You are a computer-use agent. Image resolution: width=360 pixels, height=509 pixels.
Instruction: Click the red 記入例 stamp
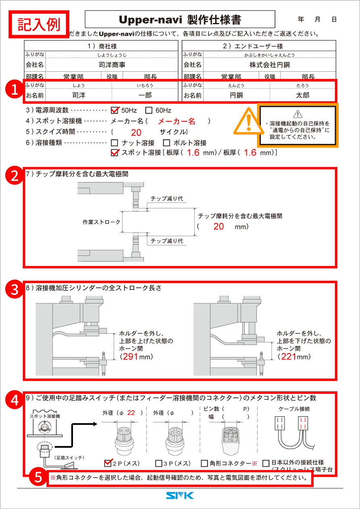click(39, 24)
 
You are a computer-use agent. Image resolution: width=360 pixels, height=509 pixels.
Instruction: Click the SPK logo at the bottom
click(180, 496)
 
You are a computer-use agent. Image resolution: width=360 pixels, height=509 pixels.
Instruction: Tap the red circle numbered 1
click(15, 89)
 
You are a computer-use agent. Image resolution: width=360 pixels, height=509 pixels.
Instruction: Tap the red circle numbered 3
click(15, 289)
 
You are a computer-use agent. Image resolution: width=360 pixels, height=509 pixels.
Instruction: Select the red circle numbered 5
click(37, 478)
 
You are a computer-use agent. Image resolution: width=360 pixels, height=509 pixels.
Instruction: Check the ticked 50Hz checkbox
click(115, 110)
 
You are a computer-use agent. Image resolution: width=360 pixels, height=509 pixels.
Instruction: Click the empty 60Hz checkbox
click(148, 110)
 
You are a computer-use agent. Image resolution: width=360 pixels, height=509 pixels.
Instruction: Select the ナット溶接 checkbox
click(114, 143)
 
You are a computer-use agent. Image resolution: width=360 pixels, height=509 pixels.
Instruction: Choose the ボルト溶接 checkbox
click(166, 143)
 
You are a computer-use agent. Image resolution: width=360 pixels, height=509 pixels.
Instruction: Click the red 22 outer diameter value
click(131, 413)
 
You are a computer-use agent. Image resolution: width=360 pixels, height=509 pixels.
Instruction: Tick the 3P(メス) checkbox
click(158, 463)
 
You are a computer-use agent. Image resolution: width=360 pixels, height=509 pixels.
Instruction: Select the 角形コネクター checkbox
click(204, 463)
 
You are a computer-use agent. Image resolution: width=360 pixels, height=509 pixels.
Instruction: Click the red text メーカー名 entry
click(176, 121)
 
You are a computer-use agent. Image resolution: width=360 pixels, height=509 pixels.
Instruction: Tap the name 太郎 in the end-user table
click(302, 96)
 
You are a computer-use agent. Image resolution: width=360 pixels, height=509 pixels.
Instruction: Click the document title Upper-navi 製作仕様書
click(180, 19)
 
